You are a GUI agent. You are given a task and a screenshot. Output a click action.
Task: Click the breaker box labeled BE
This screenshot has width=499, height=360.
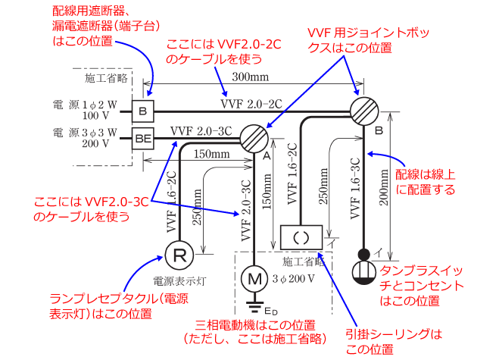(x=142, y=138)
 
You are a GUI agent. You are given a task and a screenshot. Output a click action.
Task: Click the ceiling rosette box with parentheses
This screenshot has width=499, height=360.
(x=301, y=236)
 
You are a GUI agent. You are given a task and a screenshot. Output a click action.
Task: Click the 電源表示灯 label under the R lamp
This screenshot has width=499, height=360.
(x=179, y=278)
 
